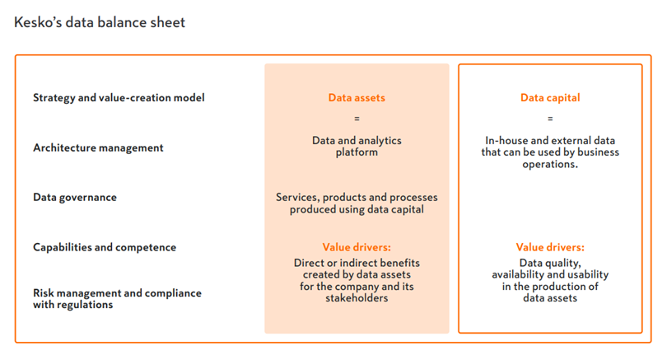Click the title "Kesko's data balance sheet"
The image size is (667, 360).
[x=100, y=22]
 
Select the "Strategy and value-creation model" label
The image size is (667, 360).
[x=119, y=98]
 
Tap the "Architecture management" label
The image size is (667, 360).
[x=98, y=147]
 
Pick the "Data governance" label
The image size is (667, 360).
[x=75, y=198]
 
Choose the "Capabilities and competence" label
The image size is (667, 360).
[x=105, y=247]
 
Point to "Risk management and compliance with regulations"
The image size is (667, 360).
[x=118, y=299]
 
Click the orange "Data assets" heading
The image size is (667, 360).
[x=357, y=98]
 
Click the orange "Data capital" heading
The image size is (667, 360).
[x=550, y=98]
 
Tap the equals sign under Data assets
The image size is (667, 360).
[x=357, y=119]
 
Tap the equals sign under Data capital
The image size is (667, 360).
[x=550, y=119]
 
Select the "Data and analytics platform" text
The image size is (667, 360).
[x=357, y=147]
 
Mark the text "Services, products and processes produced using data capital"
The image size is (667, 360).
[x=357, y=203]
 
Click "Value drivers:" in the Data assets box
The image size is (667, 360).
[x=357, y=247]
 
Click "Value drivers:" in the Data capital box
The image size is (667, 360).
[x=550, y=247]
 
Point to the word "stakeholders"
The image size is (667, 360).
[x=357, y=298]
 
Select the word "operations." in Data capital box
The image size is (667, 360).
[x=550, y=165]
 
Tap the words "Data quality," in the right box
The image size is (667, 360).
[x=550, y=263]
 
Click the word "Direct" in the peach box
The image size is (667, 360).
[x=310, y=263]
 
